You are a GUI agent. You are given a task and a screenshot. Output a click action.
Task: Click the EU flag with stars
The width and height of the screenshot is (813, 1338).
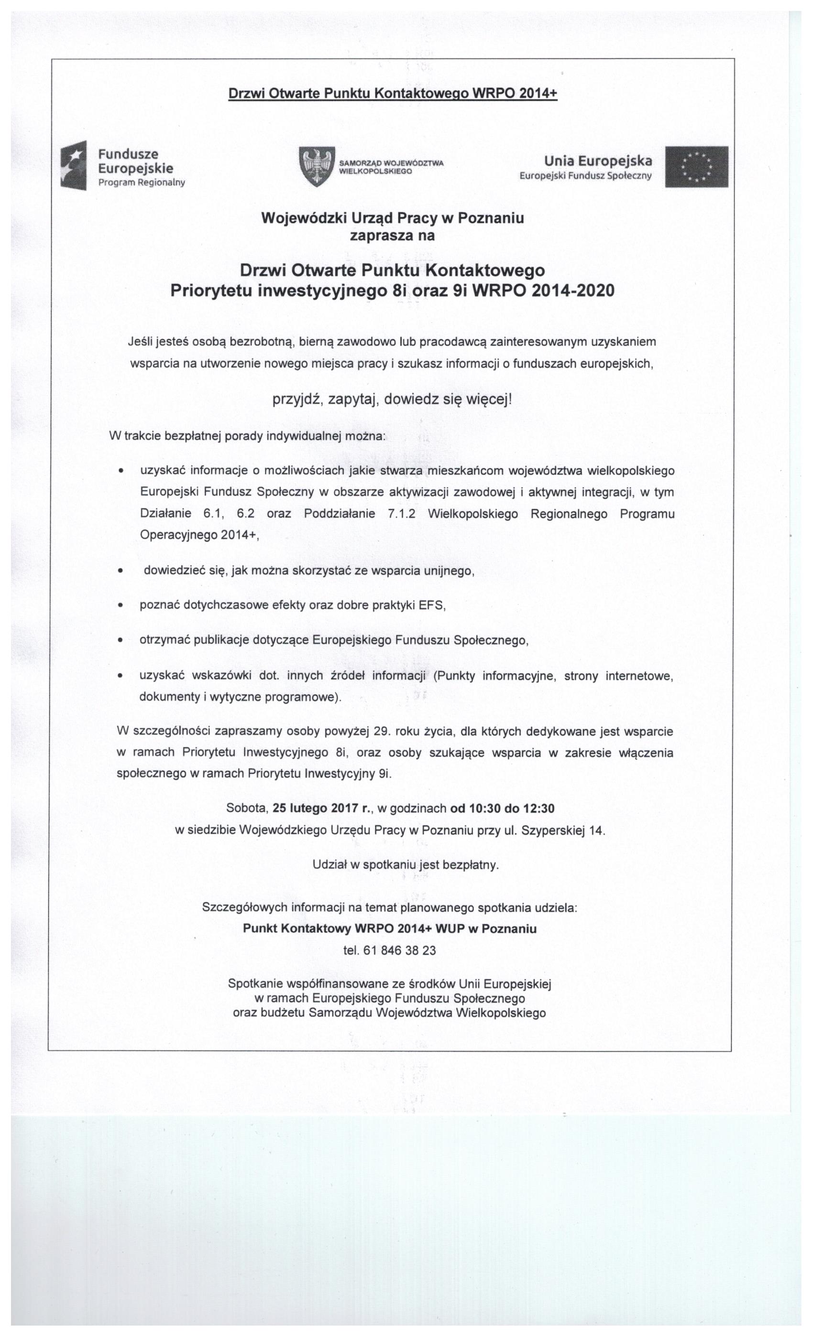pos(697,166)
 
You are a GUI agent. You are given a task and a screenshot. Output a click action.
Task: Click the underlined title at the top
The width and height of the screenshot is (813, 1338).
pos(392,93)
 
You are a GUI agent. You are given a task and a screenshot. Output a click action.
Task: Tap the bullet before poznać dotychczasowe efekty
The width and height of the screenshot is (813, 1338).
pos(121,605)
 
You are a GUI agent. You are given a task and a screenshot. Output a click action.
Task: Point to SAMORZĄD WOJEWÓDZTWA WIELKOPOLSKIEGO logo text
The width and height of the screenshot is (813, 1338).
pos(391,166)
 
